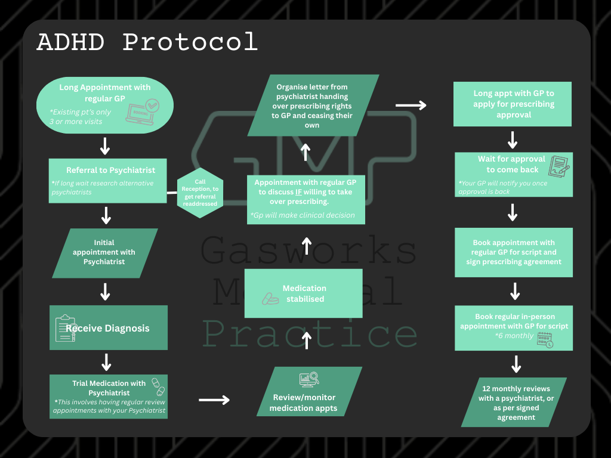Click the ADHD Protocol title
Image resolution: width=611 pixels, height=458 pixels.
point(147,43)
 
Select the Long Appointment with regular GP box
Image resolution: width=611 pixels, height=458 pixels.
point(105,104)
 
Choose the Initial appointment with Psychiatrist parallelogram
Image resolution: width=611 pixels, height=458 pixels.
point(104,253)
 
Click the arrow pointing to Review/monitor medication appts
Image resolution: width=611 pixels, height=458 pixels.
point(214,400)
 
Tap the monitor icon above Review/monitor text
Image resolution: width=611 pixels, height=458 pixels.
point(308,380)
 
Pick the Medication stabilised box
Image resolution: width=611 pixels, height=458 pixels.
point(303,293)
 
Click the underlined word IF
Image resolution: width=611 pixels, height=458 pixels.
point(299,192)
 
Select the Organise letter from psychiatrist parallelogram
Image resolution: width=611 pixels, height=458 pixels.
point(314,105)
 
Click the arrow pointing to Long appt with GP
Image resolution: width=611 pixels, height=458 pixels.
point(411,106)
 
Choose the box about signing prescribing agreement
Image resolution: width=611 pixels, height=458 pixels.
point(513,252)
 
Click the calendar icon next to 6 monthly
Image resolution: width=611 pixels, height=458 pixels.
point(544,340)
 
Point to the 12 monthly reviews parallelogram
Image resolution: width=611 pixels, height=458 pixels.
point(514,402)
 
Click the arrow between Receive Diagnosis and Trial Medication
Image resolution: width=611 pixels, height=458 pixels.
point(106,361)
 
